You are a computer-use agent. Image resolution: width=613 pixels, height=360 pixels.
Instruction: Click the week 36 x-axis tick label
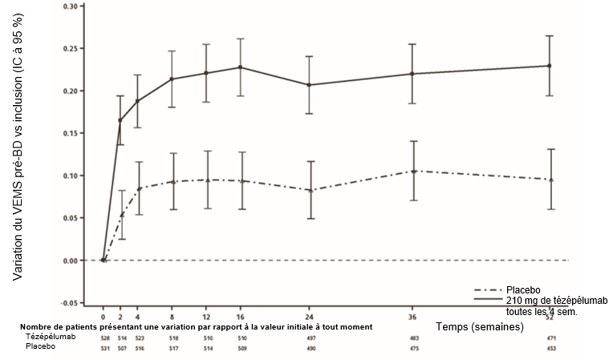[414, 318]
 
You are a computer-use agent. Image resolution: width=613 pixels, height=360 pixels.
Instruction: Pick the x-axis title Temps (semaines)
[479, 327]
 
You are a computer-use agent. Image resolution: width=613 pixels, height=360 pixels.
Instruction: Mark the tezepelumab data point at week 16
[241, 67]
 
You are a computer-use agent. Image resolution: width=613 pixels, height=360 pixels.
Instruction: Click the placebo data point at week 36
[414, 171]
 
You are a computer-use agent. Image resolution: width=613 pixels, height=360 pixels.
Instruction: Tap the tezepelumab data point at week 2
[120, 120]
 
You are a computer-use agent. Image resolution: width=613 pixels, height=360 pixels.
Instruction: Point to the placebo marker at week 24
[311, 190]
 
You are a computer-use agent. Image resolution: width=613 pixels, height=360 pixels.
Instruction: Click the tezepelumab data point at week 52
[550, 66]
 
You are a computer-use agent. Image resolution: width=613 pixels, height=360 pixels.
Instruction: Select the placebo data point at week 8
[172, 182]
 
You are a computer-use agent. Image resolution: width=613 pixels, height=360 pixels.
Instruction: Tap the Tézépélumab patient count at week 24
[311, 338]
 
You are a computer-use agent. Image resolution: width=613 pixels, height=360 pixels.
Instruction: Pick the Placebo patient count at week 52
[550, 348]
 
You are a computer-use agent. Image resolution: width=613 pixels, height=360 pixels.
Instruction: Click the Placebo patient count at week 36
[414, 348]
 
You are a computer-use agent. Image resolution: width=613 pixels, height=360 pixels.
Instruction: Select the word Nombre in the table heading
[35, 327]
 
